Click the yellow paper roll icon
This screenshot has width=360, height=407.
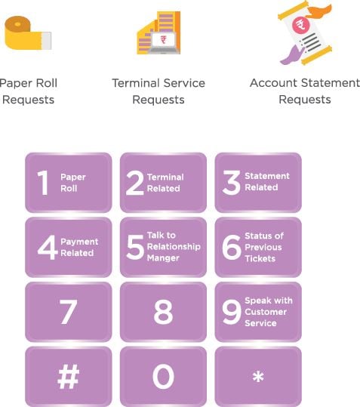click(28, 33)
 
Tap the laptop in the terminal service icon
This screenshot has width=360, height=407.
click(164, 43)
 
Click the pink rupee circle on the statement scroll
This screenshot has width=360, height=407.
click(301, 25)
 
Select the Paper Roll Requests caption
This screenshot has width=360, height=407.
click(28, 91)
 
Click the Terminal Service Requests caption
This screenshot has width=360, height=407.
click(158, 91)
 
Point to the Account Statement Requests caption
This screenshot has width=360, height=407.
click(305, 91)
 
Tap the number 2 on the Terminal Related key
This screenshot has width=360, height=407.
click(134, 183)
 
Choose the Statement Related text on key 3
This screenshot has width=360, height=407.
click(267, 181)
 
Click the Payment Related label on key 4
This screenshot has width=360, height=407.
click(79, 247)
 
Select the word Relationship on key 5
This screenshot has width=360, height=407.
click(174, 246)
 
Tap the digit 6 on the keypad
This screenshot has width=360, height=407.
click(232, 248)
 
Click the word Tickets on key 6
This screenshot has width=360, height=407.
click(260, 258)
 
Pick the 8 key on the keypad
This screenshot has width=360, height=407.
click(163, 311)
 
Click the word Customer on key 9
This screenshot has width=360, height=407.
click(266, 312)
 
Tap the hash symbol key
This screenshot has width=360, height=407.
click(69, 376)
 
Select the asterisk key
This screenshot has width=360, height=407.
click(258, 376)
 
